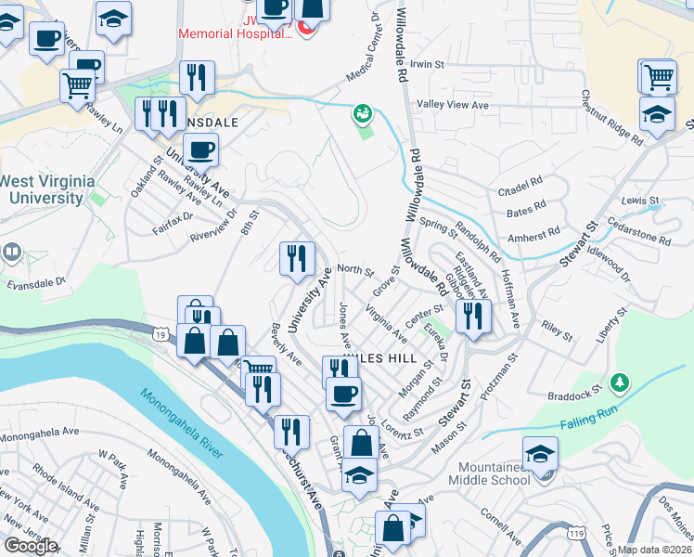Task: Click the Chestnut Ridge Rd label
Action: coord(612,119)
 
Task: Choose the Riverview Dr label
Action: coord(213,240)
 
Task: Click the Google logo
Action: coord(31,546)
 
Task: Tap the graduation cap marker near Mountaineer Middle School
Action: coord(540,454)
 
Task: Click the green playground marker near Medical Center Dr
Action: coord(362,114)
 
